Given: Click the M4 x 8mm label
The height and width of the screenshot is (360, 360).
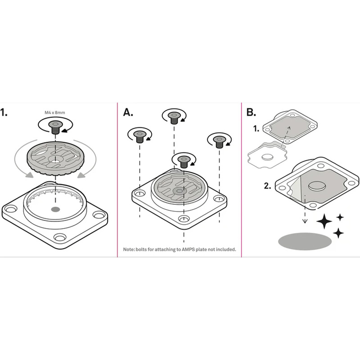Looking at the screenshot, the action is tap(54, 112).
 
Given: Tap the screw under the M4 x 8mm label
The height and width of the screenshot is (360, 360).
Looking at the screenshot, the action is tap(55, 127).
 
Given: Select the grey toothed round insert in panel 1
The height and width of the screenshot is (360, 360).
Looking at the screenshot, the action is tap(55, 158).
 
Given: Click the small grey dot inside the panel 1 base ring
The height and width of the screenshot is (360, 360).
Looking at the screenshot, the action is tap(55, 209).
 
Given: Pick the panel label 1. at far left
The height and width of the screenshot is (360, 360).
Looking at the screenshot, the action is tap(4, 112).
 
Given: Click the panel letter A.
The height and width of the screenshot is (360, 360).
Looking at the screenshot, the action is tap(128, 112).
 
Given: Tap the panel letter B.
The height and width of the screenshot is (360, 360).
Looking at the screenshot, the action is tap(251, 112).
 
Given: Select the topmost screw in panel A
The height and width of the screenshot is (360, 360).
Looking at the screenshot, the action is tap(174, 118).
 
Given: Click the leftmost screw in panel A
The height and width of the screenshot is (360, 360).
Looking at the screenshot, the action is tap(139, 137).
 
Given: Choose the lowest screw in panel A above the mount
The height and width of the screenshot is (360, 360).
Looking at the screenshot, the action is tap(184, 162).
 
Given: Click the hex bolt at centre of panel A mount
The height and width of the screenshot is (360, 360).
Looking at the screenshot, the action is tap(179, 190).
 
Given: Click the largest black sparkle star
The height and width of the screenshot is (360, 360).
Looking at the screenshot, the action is tap(324, 221).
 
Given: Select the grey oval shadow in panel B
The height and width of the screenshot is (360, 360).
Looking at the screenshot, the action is tap(305, 241).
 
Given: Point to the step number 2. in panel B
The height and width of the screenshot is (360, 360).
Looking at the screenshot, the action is tap(267, 186).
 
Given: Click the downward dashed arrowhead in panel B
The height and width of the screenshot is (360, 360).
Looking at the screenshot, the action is tap(305, 221).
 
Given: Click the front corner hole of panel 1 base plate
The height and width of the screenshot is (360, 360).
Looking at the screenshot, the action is tap(60, 237).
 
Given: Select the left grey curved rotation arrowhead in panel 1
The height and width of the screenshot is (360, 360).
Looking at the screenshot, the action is tap(29, 174).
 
